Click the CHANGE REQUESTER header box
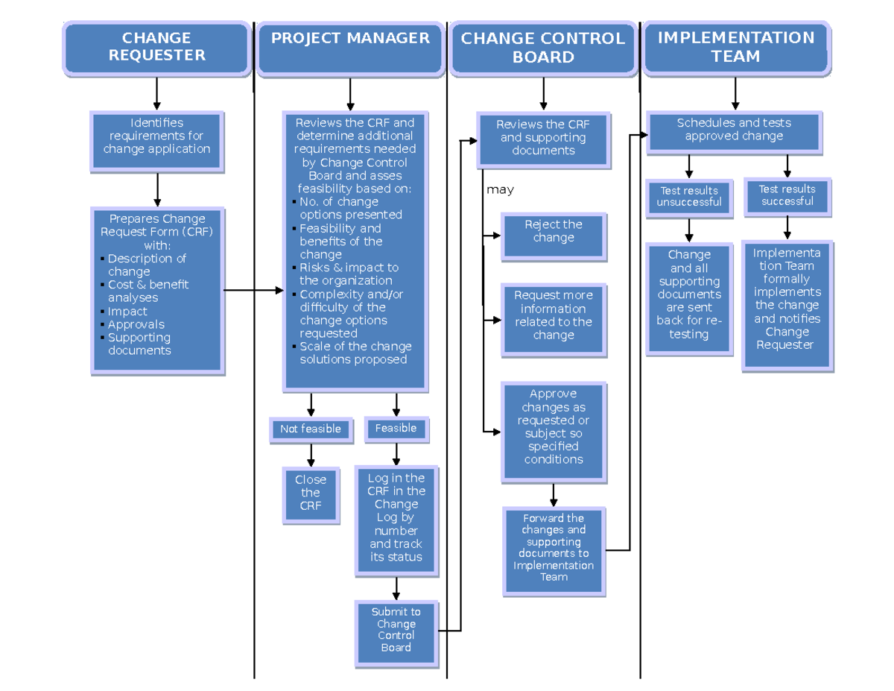(x=156, y=47)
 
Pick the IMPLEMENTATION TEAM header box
(x=735, y=48)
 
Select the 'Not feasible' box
(x=311, y=429)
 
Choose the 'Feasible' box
(x=396, y=429)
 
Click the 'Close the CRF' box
(x=311, y=493)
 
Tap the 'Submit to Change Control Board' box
(x=396, y=630)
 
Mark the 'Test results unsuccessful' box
(x=689, y=197)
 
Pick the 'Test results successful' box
(x=787, y=196)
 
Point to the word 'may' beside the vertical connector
(x=500, y=190)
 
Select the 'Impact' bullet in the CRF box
(x=127, y=312)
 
